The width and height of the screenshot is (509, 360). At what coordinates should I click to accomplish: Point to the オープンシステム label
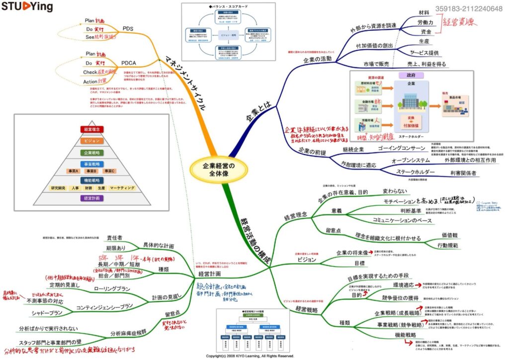[411, 161]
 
